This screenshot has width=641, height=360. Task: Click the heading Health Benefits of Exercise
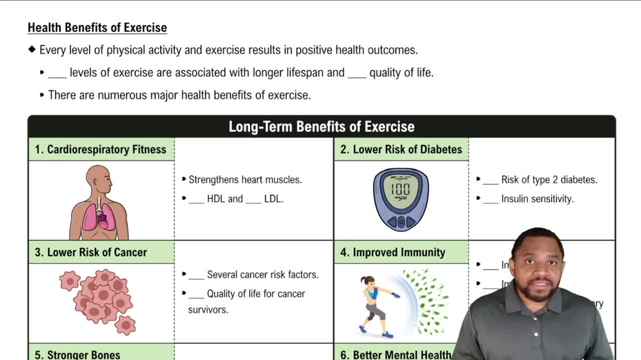click(97, 28)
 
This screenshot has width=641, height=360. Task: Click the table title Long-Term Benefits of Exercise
click(321, 126)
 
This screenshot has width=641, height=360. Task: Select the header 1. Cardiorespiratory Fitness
click(101, 149)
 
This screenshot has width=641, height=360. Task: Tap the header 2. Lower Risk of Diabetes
click(401, 149)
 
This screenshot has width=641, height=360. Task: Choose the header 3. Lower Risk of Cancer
click(91, 252)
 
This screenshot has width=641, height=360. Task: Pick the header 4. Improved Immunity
click(392, 252)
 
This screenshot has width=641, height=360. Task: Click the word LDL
click(273, 199)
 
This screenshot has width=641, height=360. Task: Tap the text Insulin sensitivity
click(537, 199)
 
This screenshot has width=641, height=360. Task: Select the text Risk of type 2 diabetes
click(549, 179)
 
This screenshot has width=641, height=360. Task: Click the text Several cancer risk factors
click(262, 274)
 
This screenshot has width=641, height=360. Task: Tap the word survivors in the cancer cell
click(208, 309)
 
